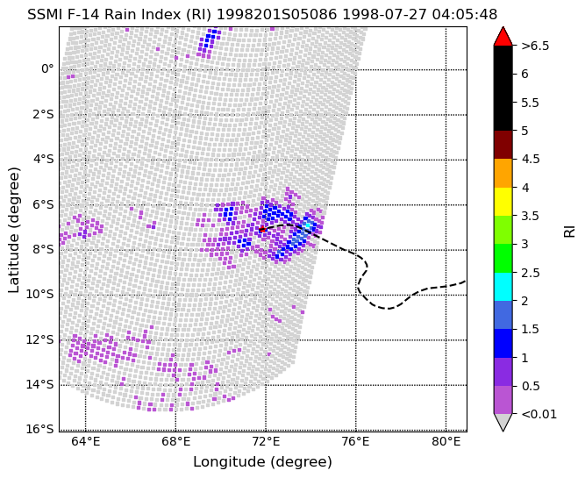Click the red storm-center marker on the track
tap(262, 229)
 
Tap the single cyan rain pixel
tap(308, 225)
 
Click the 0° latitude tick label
tap(47, 69)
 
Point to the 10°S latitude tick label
tap(40, 295)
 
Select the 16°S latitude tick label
tap(40, 429)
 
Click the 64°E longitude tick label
tap(85, 442)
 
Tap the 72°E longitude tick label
tap(266, 442)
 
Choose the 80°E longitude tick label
tap(446, 442)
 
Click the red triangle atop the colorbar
tap(503, 37)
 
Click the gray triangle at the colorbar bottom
tap(503, 421)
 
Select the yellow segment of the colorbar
tap(503, 202)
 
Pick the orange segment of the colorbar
tap(503, 173)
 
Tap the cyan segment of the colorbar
tap(503, 287)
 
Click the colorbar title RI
tap(569, 231)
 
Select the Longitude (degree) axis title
tap(262, 462)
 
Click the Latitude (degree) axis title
tap(13, 230)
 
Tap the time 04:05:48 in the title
tap(465, 15)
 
